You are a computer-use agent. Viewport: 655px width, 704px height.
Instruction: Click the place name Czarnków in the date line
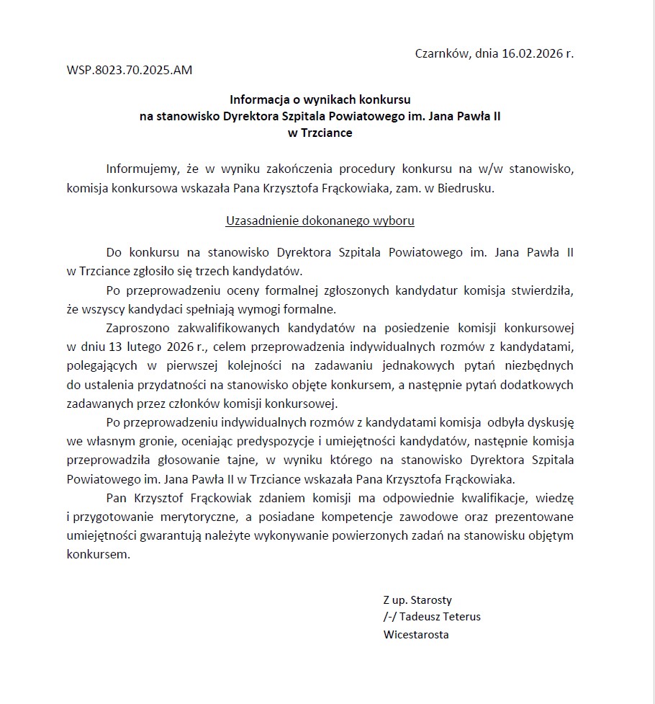pyautogui.click(x=441, y=53)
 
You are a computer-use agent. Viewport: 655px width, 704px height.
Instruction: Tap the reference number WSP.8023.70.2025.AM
pyautogui.click(x=130, y=71)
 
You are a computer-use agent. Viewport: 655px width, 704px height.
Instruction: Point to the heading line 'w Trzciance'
pyautogui.click(x=320, y=133)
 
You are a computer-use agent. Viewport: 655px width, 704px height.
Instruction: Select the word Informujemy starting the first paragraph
pyautogui.click(x=142, y=169)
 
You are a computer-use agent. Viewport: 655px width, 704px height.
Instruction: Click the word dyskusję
pyautogui.click(x=547, y=421)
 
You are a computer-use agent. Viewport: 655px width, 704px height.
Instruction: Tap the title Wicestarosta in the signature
pyautogui.click(x=416, y=635)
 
